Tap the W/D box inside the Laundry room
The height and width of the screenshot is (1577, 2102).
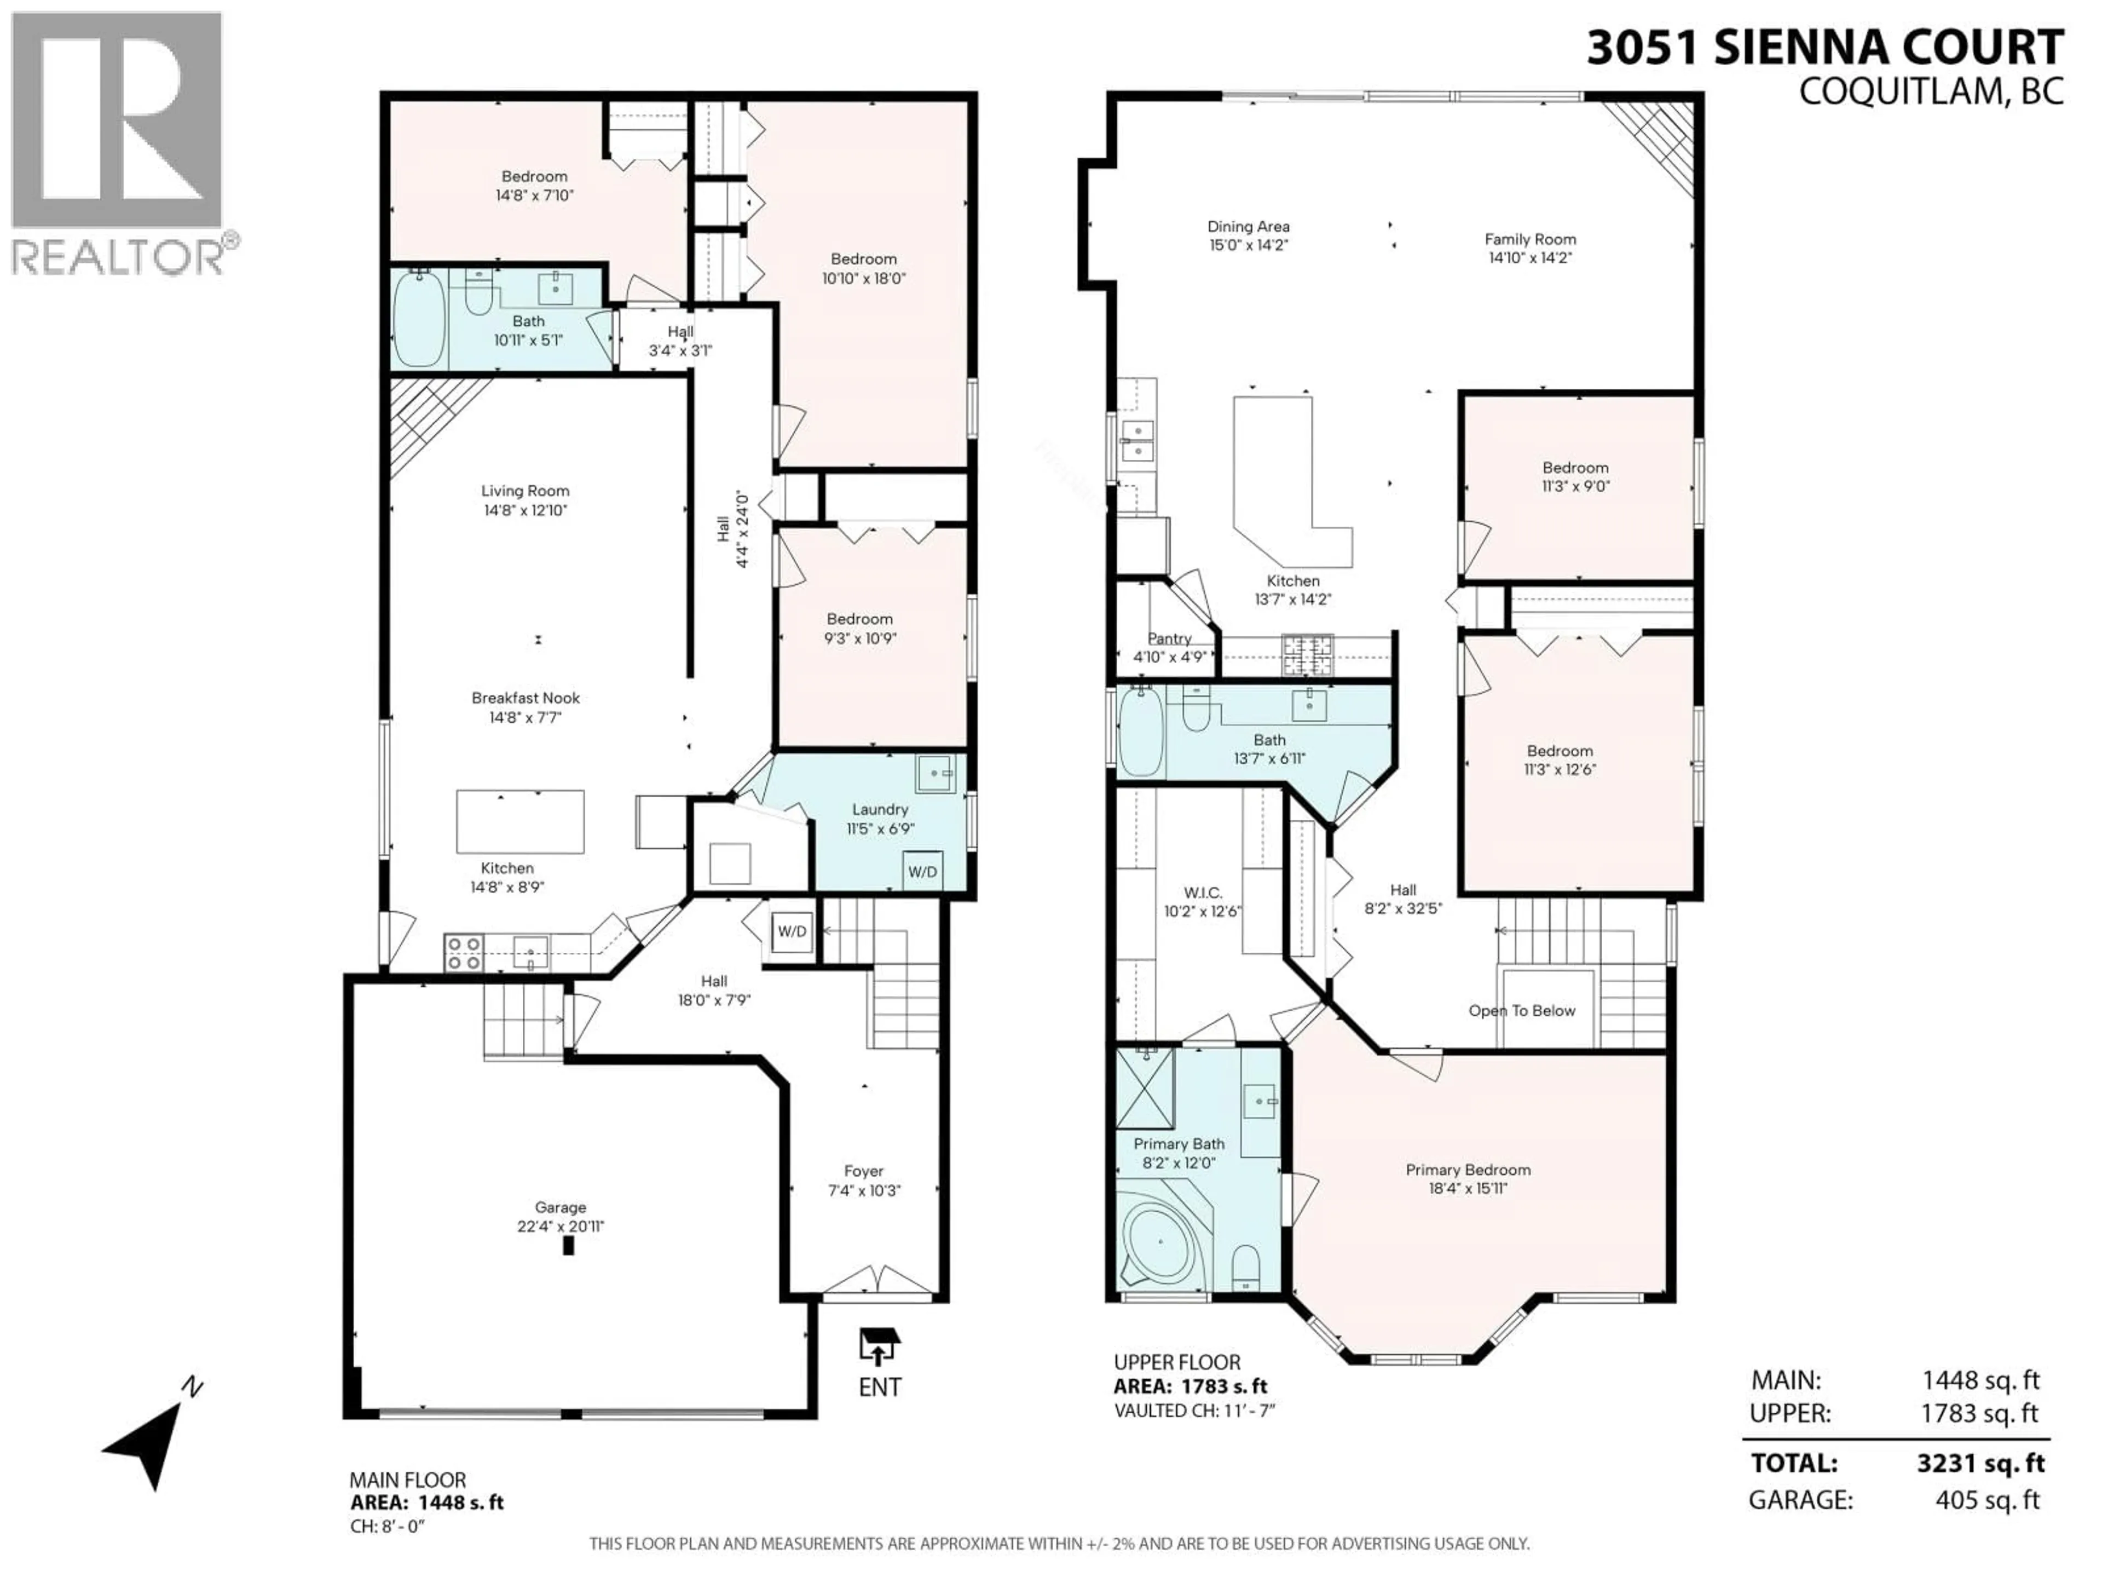pos(922,871)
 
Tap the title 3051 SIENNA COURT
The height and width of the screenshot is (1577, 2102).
pos(1824,48)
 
